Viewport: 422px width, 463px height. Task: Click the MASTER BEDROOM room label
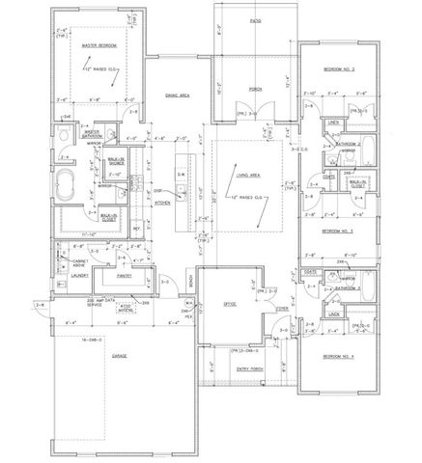[x=99, y=45]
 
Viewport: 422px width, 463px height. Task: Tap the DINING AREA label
[x=176, y=95]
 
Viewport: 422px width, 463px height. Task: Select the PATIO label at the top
[x=255, y=20]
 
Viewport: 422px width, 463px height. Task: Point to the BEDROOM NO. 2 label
[x=339, y=70]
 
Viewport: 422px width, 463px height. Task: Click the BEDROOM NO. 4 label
[x=339, y=357]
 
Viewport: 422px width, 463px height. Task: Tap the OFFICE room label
[x=230, y=304]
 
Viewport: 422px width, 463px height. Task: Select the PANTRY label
[x=125, y=275]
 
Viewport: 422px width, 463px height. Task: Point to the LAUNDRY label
[x=80, y=275]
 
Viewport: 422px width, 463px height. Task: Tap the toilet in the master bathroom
[x=63, y=135]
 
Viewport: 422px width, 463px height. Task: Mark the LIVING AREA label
[x=250, y=176]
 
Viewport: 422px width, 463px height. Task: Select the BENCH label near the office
[x=191, y=282]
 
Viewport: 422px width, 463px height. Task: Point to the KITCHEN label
[x=163, y=204]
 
